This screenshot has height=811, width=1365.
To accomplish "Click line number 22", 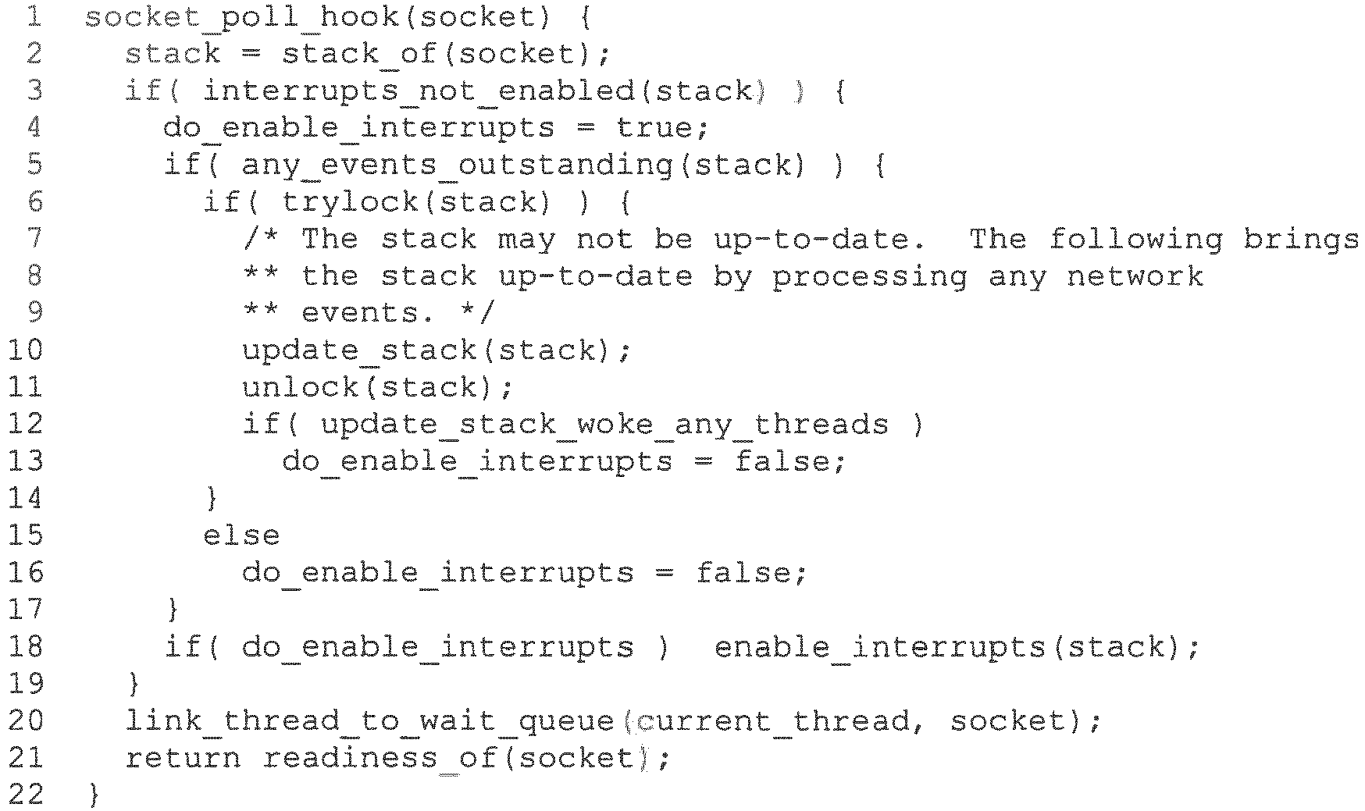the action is tap(26, 795).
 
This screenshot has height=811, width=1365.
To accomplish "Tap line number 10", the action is tap(26, 350).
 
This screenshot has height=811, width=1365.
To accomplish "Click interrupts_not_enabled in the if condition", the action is tap(419, 91).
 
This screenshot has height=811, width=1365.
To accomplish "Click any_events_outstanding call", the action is tap(457, 165).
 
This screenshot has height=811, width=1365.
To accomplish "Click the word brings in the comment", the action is tap(1301, 239).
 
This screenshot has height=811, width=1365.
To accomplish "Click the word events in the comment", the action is tap(359, 313).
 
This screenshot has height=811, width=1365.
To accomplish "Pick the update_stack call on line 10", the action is tap(359, 350).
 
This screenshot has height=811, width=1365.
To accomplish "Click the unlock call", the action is tap(300, 387).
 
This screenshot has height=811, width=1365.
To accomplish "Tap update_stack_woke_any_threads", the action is tap(604, 425).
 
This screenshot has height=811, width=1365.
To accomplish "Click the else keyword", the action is tap(241, 535).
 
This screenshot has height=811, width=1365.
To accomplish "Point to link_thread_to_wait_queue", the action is tap(369, 721).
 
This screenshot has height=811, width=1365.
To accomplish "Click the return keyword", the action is tap(183, 759).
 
